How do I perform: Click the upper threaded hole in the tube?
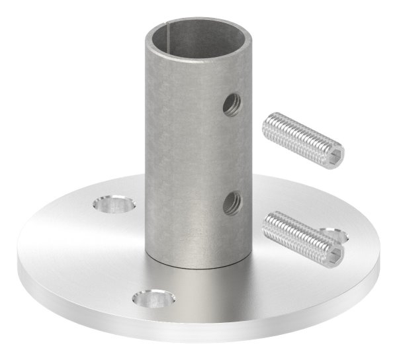pos(232,105)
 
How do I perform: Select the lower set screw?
pos(303,237)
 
